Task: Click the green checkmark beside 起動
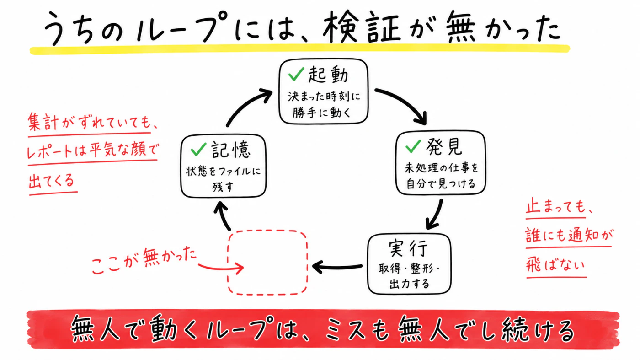point(296,74)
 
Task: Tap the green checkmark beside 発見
point(413,146)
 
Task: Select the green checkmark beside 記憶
point(198,149)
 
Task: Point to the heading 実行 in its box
point(408,248)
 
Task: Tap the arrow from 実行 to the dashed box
point(337,267)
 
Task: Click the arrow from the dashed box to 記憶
point(222,216)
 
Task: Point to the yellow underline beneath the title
point(300,49)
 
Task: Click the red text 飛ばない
point(555,265)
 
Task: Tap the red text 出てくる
point(52,181)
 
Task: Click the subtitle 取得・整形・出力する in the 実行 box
point(409,276)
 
